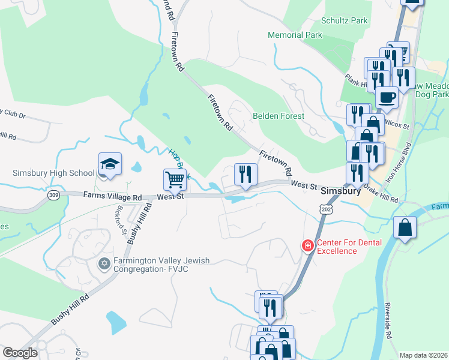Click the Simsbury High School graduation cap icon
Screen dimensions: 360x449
click(110, 163)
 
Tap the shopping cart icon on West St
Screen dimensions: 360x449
click(175, 178)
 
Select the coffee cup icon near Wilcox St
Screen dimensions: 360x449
click(387, 97)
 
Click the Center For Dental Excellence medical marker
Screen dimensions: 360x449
click(307, 245)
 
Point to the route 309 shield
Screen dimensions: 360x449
click(54, 196)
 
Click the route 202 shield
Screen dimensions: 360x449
click(326, 208)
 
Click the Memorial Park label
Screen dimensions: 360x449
click(295, 35)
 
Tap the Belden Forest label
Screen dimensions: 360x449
click(278, 116)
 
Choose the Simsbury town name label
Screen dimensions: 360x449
click(340, 191)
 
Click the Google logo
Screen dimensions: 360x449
click(20, 353)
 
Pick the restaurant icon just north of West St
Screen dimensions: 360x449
click(246, 174)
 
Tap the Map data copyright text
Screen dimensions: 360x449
click(424, 355)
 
